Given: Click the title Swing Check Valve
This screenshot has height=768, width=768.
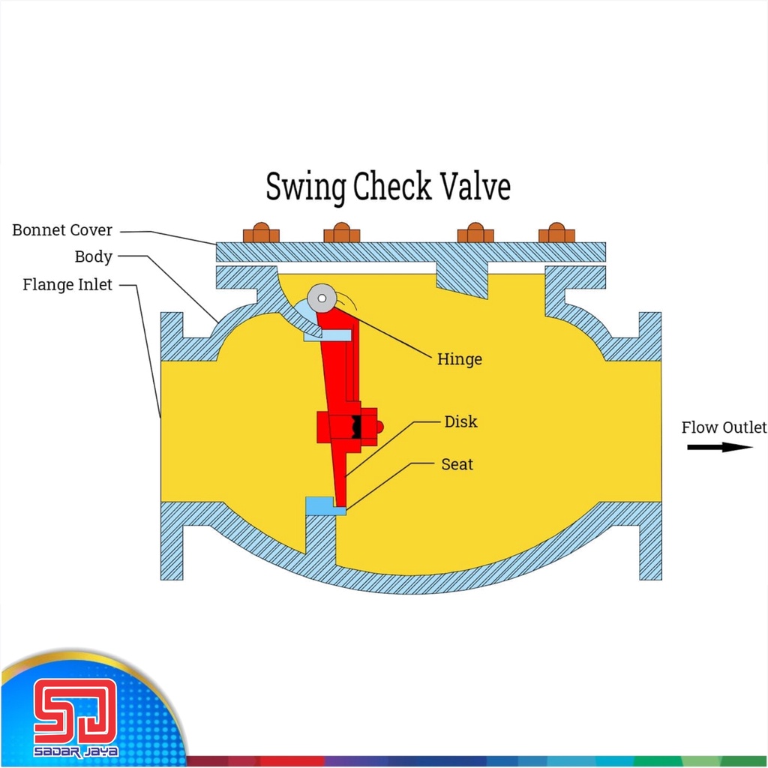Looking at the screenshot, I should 388,187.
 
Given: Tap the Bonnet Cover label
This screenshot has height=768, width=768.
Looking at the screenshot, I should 62,230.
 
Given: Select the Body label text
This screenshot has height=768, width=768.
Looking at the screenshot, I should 93,256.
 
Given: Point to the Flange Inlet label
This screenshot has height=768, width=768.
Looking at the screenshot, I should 67,285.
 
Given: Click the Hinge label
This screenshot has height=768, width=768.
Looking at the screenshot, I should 459,359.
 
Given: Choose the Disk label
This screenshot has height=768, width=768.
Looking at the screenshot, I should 460,421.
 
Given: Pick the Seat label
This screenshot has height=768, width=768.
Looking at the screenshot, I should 457,464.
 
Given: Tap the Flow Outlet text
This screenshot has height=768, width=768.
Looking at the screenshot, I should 724,427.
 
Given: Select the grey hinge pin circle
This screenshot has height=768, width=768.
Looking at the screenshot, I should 321,298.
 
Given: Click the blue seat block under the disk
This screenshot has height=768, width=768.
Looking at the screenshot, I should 324,506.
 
